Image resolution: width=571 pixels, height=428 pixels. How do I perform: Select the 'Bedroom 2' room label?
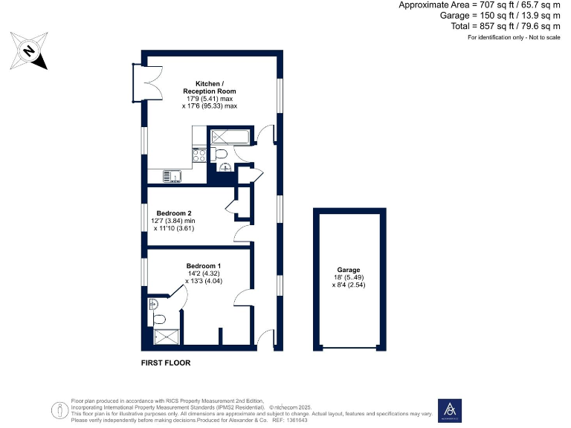click(x=173, y=213)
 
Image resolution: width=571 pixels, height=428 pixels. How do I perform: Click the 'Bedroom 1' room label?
click(x=203, y=265)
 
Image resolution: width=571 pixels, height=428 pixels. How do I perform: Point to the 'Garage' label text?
click(x=348, y=270)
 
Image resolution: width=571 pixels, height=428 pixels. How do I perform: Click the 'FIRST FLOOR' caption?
click(x=166, y=363)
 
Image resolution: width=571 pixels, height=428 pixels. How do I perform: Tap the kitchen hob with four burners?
click(x=199, y=155)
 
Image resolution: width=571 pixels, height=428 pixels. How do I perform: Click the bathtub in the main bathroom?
click(x=230, y=137)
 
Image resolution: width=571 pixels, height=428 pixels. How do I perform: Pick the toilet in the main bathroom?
click(x=221, y=153)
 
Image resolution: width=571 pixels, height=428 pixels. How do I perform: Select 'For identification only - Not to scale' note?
click(x=513, y=37)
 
